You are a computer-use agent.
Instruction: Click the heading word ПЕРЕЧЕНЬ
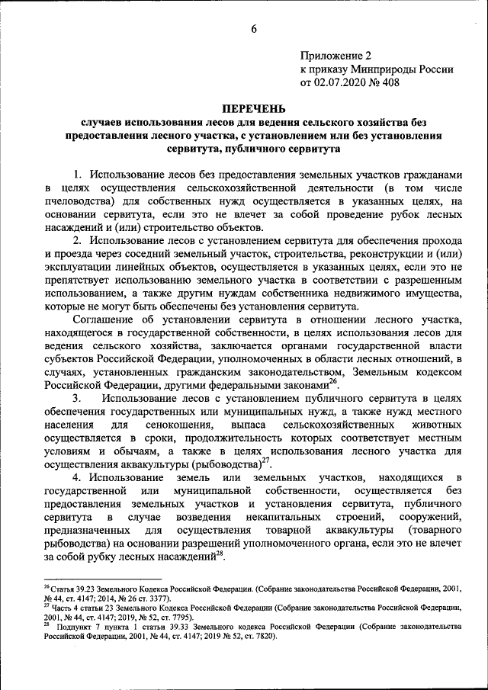click(x=243, y=109)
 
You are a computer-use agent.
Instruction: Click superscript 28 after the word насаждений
click(x=220, y=554)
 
